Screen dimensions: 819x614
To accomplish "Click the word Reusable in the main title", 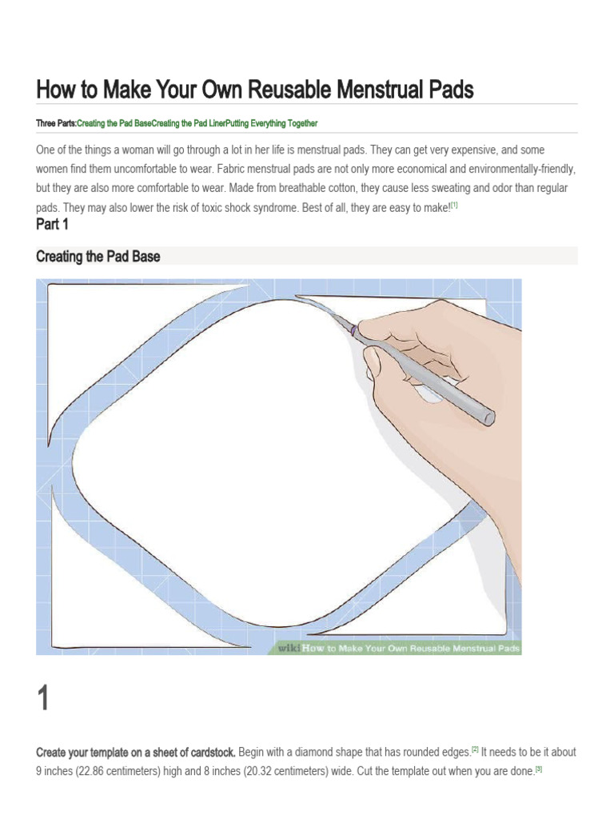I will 289,90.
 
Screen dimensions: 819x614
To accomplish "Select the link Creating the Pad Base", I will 114,124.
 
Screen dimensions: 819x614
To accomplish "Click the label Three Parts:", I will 56,124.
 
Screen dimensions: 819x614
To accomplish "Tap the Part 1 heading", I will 53,225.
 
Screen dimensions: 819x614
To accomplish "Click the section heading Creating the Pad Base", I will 98,256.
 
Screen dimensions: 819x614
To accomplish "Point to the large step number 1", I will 43,699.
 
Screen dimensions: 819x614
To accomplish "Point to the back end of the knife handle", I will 487,417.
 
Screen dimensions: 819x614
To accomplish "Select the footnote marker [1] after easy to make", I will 454,206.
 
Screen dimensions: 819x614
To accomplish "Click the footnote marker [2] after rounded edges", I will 474,749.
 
